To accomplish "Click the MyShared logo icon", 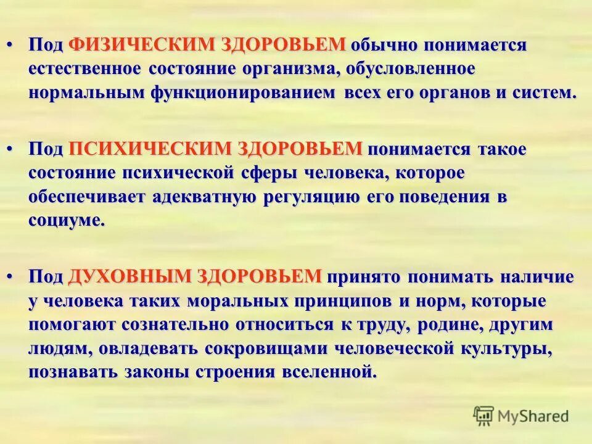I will tap(484, 416).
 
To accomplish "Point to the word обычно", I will tap(381, 45).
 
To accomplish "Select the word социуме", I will tap(67, 221).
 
